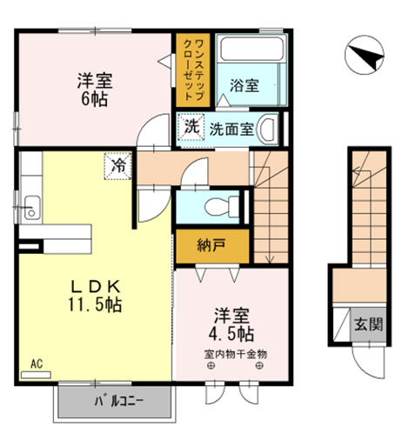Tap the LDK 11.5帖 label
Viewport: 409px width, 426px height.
point(96,296)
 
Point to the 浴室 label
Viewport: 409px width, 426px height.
point(245,85)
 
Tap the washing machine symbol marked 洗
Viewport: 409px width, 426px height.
point(191,126)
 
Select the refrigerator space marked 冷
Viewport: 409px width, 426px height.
point(116,163)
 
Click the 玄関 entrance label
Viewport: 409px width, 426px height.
point(368,325)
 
